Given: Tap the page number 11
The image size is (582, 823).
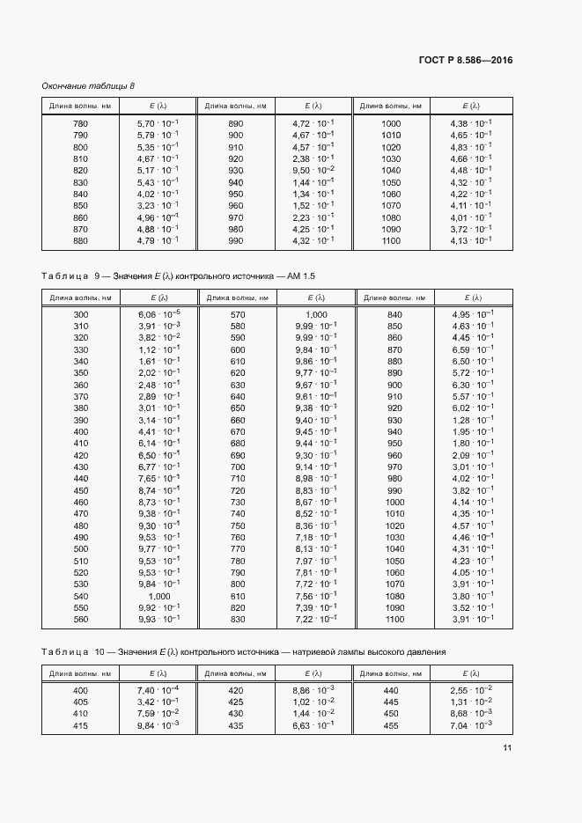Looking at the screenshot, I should point(507,748).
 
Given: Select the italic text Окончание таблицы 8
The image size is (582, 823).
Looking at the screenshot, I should point(88,85).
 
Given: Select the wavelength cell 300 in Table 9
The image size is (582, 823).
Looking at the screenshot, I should point(80,314).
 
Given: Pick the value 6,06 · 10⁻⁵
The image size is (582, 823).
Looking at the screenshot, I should point(158,314).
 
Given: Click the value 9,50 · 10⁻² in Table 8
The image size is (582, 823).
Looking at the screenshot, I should point(313,170).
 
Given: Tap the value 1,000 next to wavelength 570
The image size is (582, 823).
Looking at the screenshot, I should point(316,314).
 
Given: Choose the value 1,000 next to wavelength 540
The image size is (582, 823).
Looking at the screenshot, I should point(159,595).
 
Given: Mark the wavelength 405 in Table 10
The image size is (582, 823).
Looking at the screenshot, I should point(80,702).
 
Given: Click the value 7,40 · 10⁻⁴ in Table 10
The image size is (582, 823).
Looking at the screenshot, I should point(158,690).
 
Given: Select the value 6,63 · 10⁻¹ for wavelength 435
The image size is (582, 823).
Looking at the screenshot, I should point(313,724).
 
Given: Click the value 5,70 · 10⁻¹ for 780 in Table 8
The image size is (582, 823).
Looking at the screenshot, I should point(158,123).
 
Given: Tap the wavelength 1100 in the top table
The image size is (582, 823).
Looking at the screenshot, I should point(391,240).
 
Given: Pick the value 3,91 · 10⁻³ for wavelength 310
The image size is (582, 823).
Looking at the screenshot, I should point(158,326).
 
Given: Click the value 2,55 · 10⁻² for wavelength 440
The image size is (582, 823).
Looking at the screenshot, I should point(471,690).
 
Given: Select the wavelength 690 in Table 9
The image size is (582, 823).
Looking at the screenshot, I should point(237,455).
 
